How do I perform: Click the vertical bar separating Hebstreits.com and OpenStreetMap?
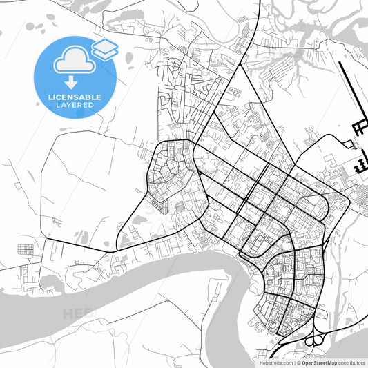click(295, 362)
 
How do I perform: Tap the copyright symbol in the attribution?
click(299, 362)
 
